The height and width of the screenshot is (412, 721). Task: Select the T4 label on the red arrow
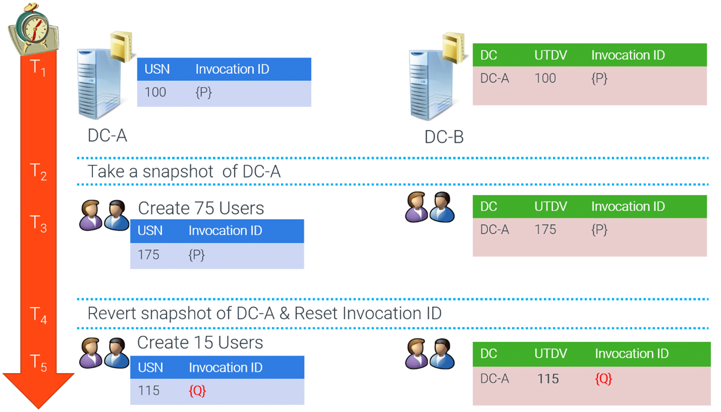[x=38, y=316]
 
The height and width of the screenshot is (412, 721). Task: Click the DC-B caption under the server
[x=444, y=136]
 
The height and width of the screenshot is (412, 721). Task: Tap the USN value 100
[x=155, y=93]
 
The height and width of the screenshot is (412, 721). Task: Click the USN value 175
[x=148, y=255]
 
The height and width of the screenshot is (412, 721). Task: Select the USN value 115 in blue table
[x=148, y=391]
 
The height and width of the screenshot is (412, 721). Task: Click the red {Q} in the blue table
[x=197, y=391]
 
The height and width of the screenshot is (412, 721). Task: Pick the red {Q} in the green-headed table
[x=604, y=379]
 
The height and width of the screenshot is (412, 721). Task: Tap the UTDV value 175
[x=545, y=230]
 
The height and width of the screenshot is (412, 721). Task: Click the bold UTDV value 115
[x=548, y=379]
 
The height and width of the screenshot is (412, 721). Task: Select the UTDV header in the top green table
[x=550, y=55]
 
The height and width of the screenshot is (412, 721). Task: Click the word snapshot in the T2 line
[x=171, y=172]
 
